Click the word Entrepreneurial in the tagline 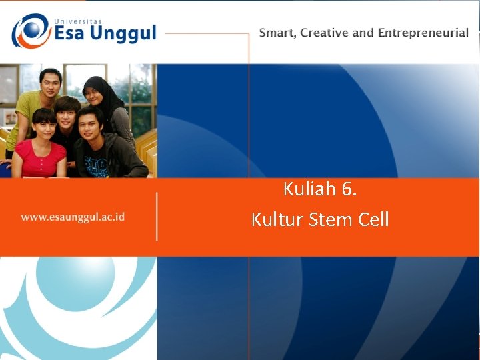pyautogui.click(x=423, y=33)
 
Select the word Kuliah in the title pyautogui.click(x=309, y=189)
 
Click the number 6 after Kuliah pyautogui.click(x=347, y=189)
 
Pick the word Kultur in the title pyautogui.click(x=278, y=219)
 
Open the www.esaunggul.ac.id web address pyautogui.click(x=73, y=217)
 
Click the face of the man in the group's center pyautogui.click(x=68, y=112)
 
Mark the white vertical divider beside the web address pyautogui.click(x=157, y=216)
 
